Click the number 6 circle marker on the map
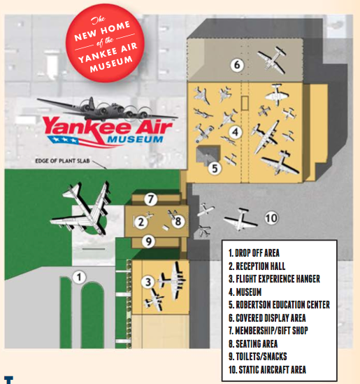[x=237, y=65]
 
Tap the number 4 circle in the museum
[x=236, y=132]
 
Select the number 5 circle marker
[x=215, y=169]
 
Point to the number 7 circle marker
[x=150, y=199]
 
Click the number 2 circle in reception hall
[x=141, y=222]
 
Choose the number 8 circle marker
[x=178, y=222]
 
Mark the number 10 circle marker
[x=271, y=218]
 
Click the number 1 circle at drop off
[x=79, y=277]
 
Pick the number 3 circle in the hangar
[x=147, y=282]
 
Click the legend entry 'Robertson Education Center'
[x=279, y=305]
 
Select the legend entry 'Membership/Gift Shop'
[x=268, y=331]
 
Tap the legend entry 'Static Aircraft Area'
[x=267, y=369]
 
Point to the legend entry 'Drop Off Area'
[x=254, y=253]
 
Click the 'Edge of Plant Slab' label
[x=62, y=161]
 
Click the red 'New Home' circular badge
[x=105, y=43]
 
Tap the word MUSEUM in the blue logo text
[x=135, y=139]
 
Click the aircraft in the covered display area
[x=272, y=59]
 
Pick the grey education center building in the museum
[x=208, y=155]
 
